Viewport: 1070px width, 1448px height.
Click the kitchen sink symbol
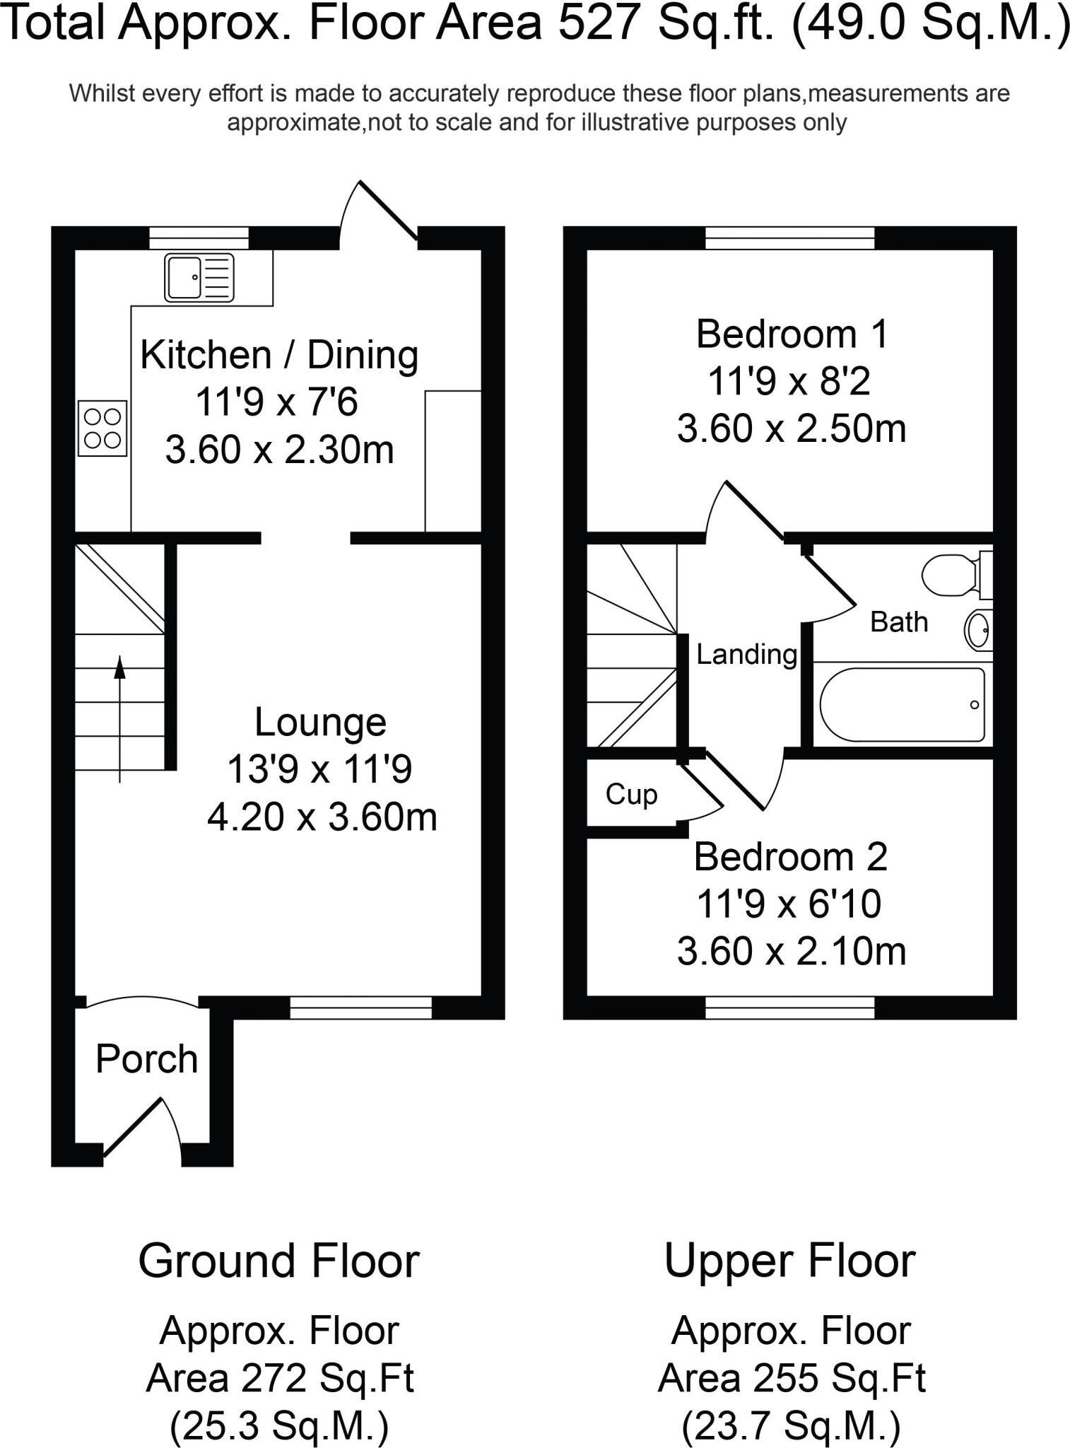(199, 278)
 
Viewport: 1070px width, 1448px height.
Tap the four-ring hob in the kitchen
(102, 428)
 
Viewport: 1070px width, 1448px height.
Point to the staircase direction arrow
(119, 718)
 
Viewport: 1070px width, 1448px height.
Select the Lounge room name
(320, 723)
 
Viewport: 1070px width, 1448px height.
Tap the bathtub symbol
(902, 704)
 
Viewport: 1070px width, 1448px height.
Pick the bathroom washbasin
(979, 629)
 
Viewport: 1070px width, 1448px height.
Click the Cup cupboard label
(631, 795)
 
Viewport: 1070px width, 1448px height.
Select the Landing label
(746, 654)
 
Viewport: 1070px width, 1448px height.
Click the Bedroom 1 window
(789, 238)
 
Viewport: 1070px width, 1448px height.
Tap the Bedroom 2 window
(789, 1008)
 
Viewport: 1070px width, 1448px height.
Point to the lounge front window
(360, 1008)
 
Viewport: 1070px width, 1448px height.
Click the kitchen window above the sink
(199, 238)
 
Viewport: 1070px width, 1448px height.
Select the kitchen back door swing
(378, 212)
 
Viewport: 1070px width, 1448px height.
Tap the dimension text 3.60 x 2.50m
(791, 429)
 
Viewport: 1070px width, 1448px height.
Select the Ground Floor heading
(279, 1261)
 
